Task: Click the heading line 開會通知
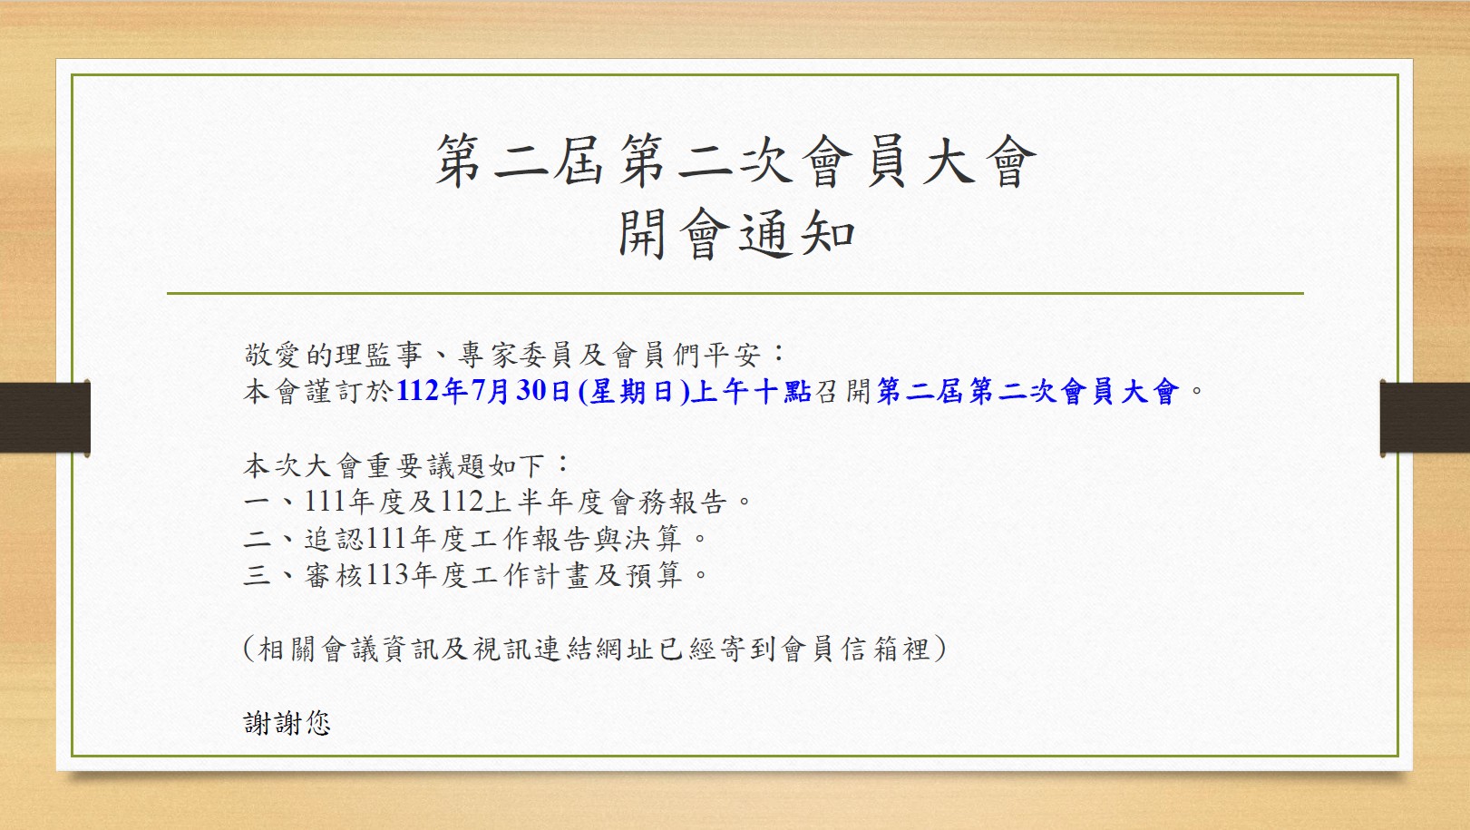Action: coord(736,234)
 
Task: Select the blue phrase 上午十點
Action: coord(752,391)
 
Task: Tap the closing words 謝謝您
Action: coord(287,723)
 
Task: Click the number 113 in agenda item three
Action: coord(387,575)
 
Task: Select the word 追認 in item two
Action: coord(334,539)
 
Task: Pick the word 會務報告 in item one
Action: coord(668,503)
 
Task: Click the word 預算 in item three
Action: coord(654,575)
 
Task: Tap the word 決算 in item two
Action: coord(654,539)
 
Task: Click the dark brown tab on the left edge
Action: coord(44,417)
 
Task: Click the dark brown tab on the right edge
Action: coord(1425,417)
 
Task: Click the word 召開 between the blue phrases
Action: coord(842,391)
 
